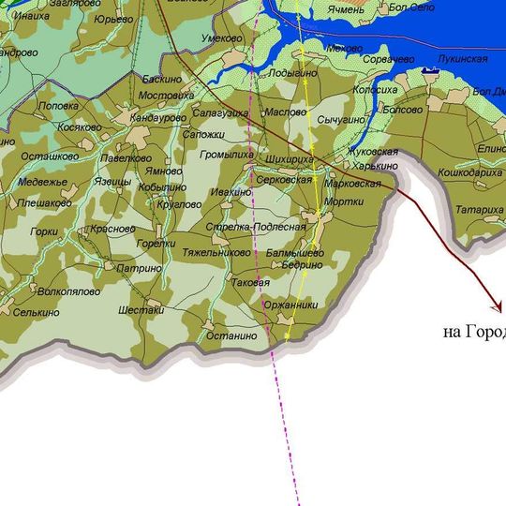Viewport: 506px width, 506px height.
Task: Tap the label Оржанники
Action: click(293, 305)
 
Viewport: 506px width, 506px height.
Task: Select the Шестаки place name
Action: click(142, 310)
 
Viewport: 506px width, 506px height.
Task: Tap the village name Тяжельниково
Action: click(216, 253)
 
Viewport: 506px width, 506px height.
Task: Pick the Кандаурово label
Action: click(158, 119)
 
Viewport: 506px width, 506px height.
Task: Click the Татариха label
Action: click(480, 210)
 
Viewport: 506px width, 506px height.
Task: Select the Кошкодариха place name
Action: click(470, 172)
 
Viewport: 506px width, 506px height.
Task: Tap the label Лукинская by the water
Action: click(463, 59)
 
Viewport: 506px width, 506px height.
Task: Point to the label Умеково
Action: click(222, 38)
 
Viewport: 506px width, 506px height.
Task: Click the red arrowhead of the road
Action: click(497, 306)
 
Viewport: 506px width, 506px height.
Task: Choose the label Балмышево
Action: click(295, 253)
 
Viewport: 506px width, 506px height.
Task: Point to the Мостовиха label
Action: click(166, 96)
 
